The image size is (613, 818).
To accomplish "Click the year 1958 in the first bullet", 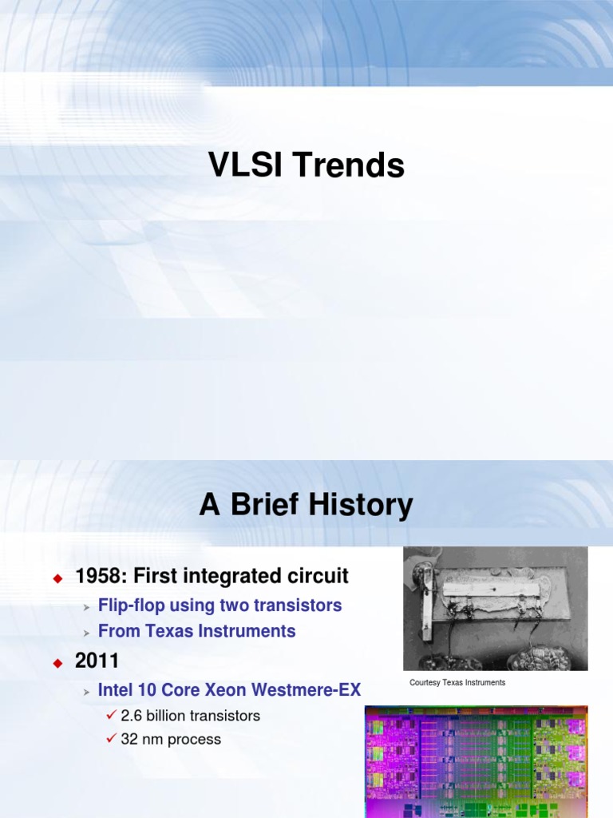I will pyautogui.click(x=97, y=576).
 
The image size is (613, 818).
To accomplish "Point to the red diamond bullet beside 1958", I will pyautogui.click(x=57, y=578).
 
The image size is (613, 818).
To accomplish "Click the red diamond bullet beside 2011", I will pyautogui.click(x=57, y=662).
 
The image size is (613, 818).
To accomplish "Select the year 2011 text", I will pyautogui.click(x=97, y=661).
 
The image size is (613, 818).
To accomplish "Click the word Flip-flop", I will pyautogui.click(x=131, y=606).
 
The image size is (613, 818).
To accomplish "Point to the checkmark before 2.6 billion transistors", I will pyautogui.click(x=112, y=715).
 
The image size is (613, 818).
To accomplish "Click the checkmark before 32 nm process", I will pyautogui.click(x=112, y=739).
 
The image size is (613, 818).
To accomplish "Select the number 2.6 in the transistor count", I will pyautogui.click(x=131, y=716).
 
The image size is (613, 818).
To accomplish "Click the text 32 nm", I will pyautogui.click(x=142, y=740).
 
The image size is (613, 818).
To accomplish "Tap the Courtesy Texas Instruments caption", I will pyautogui.click(x=457, y=683).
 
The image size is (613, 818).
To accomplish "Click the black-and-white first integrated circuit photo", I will pyautogui.click(x=495, y=609).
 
